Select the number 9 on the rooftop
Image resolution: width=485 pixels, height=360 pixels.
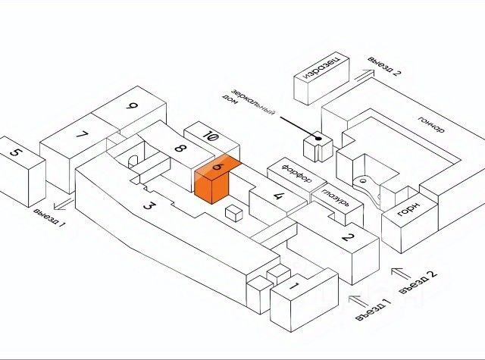(x=133, y=106)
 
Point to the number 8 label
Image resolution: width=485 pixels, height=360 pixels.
(x=180, y=149)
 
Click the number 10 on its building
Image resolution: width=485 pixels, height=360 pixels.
(x=211, y=136)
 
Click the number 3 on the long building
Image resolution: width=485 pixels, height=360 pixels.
(x=149, y=205)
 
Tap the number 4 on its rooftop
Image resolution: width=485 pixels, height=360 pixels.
(x=277, y=196)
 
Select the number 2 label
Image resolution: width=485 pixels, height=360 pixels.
(x=348, y=237)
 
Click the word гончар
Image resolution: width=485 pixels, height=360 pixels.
(x=431, y=124)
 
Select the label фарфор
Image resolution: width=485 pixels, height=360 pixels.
(x=297, y=174)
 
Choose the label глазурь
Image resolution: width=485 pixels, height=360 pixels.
(x=336, y=198)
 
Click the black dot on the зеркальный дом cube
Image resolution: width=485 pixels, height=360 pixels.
(x=318, y=139)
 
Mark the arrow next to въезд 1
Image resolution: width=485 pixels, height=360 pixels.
(x=357, y=299)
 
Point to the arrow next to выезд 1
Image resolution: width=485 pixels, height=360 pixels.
(x=64, y=205)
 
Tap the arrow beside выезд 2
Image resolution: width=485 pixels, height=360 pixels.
(x=364, y=76)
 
